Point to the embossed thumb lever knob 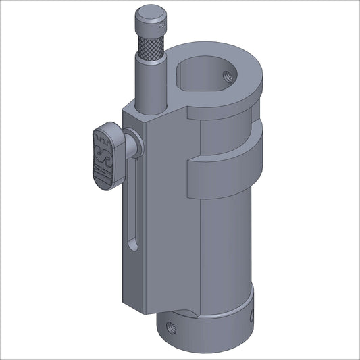pos(105,155)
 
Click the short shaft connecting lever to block pos(132,145)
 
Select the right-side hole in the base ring pos(252,315)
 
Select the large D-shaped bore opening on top pos(203,74)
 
